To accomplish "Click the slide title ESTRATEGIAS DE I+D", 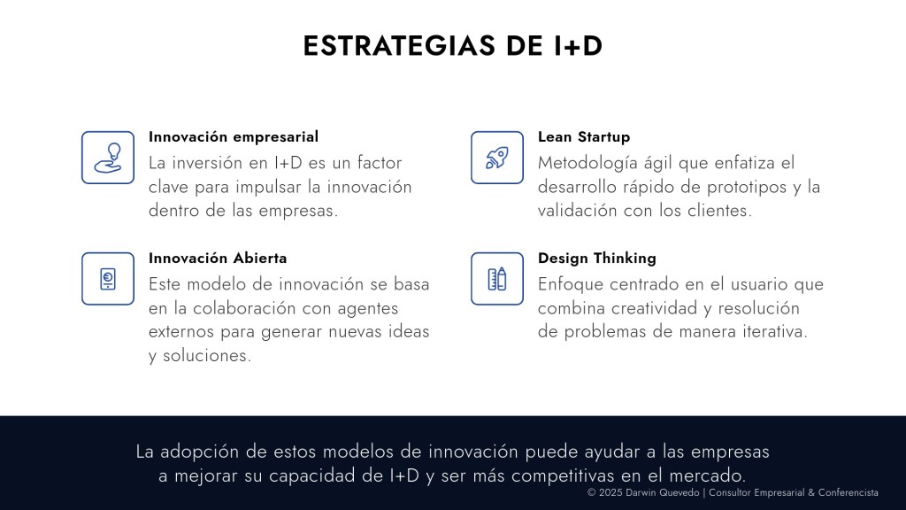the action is (452, 46).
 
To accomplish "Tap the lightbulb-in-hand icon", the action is (108, 158).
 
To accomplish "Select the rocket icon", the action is (497, 158).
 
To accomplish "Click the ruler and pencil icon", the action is (497, 279).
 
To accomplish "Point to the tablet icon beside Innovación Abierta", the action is (108, 279).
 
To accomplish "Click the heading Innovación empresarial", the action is (234, 137).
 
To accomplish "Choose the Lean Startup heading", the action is (584, 137).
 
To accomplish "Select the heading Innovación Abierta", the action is (218, 258).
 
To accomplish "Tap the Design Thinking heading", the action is (597, 259).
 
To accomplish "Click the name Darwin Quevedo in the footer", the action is (662, 492).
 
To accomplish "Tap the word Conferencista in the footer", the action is (848, 492).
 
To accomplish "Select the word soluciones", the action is (207, 356).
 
